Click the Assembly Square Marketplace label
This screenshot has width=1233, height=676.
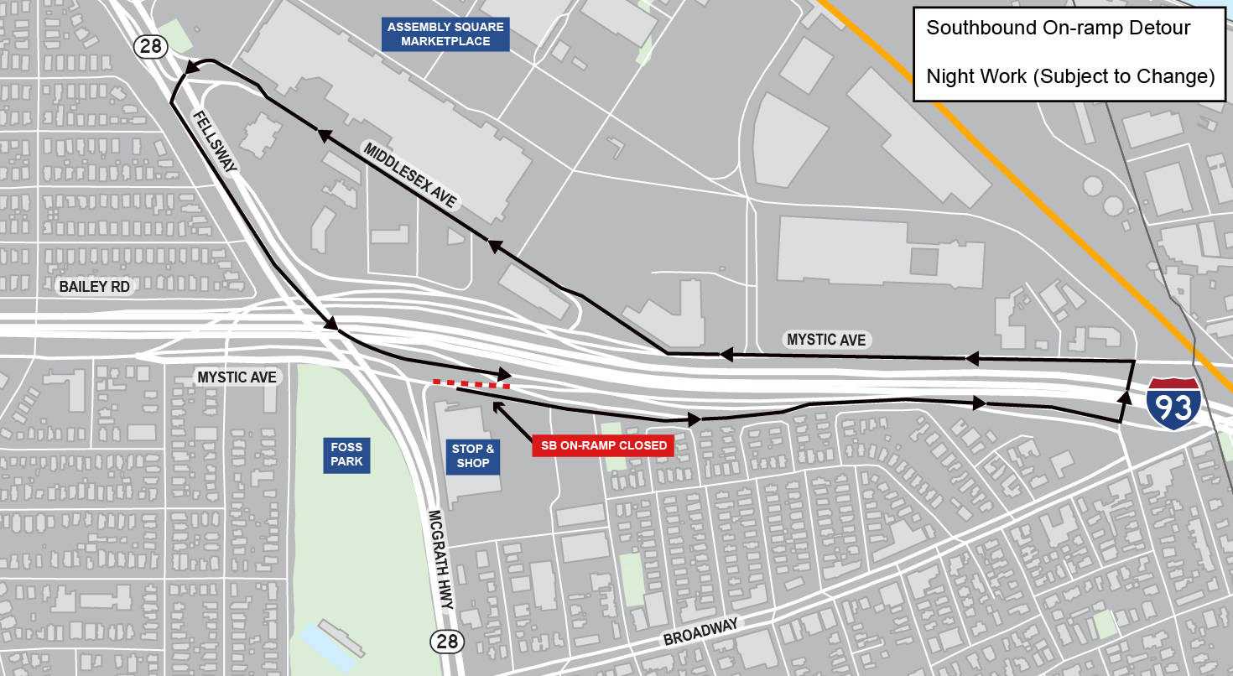[x=445, y=34]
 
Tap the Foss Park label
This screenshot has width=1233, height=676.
[x=346, y=455]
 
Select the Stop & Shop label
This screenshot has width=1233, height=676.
[x=473, y=455]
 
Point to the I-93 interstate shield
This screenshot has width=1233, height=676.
[x=1173, y=404]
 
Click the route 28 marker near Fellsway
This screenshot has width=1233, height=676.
[x=151, y=46]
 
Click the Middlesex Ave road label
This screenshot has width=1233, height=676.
[x=410, y=174]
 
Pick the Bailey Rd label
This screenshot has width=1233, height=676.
[x=95, y=287]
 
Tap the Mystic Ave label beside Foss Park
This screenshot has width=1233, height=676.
[x=237, y=377]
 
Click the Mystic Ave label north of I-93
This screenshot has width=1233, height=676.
[x=825, y=340]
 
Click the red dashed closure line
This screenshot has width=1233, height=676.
[x=471, y=384]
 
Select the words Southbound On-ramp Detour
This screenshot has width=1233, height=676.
[x=1058, y=28]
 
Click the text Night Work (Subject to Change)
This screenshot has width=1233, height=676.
[x=1070, y=76]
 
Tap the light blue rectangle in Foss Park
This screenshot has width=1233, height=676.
[x=330, y=646]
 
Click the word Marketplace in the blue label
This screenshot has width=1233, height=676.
[x=445, y=41]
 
